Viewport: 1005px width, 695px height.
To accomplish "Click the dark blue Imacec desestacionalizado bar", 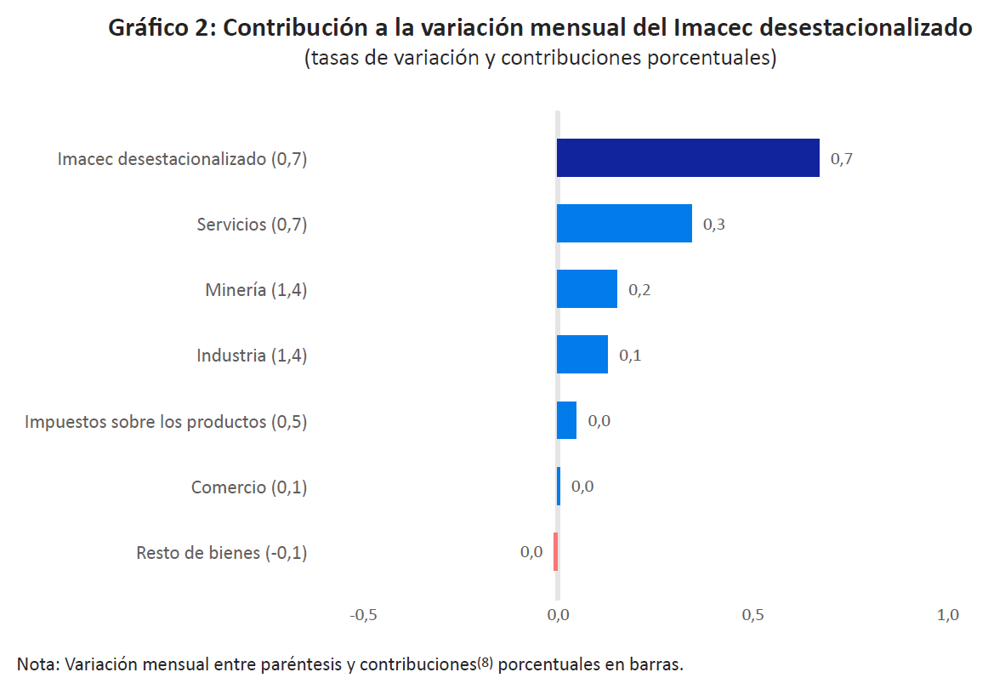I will pyautogui.click(x=688, y=158).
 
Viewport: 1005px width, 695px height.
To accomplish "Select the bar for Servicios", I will pyautogui.click(x=624, y=224).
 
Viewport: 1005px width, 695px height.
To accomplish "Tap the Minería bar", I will pyautogui.click(x=587, y=289).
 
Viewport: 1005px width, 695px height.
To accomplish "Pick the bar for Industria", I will pyautogui.click(x=582, y=355).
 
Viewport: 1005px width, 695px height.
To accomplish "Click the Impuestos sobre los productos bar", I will pyautogui.click(x=566, y=420).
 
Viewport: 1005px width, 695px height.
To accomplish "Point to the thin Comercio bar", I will pyautogui.click(x=559, y=486).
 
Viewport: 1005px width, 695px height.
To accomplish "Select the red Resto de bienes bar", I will pyautogui.click(x=555, y=551).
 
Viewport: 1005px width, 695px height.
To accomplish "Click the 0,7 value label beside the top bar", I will pyautogui.click(x=841, y=159).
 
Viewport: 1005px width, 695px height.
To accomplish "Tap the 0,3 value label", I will pyautogui.click(x=713, y=225).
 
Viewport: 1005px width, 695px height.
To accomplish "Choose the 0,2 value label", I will pyautogui.click(x=639, y=290).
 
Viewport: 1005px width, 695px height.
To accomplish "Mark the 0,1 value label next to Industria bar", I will pyautogui.click(x=630, y=356).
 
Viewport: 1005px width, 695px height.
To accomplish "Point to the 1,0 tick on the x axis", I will pyautogui.click(x=948, y=615).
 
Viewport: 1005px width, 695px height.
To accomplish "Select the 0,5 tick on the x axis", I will pyautogui.click(x=752, y=615).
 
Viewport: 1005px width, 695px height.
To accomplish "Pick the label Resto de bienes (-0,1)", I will pyautogui.click(x=222, y=553).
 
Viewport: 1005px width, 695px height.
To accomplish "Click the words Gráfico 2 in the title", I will pyautogui.click(x=162, y=28).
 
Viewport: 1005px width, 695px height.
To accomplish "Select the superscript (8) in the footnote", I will pyautogui.click(x=485, y=662).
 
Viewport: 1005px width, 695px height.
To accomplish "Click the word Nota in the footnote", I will pyautogui.click(x=36, y=664).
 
